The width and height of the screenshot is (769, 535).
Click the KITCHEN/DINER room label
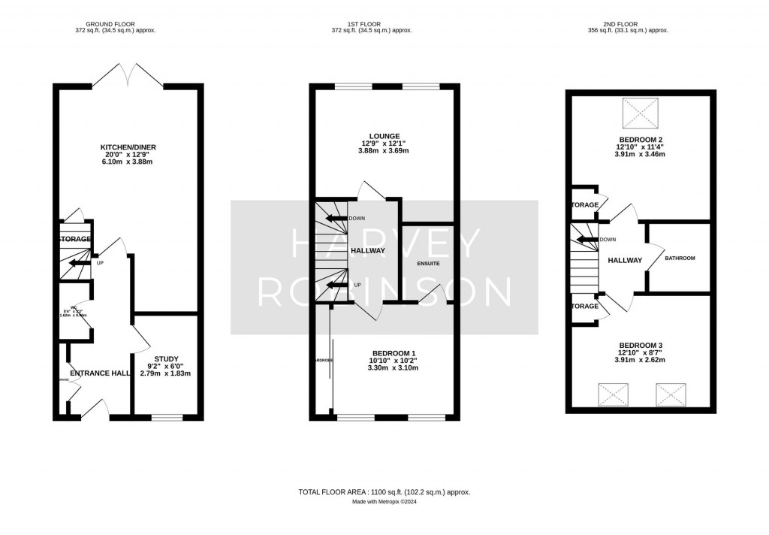coord(128,147)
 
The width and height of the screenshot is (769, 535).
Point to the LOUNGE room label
coord(384,136)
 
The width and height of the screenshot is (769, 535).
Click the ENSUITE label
coord(428,264)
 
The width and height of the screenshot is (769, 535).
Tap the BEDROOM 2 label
coord(640,139)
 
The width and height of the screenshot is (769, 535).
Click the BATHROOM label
coord(680,258)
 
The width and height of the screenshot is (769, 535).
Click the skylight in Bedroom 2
coord(640,113)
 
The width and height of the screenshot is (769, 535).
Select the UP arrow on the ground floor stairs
coord(78,263)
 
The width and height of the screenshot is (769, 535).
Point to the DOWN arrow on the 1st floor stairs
coord(336,218)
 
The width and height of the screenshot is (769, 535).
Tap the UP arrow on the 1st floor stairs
coord(337,285)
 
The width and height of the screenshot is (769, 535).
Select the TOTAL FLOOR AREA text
coord(384,491)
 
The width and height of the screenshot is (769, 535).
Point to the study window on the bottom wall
coord(167,416)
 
